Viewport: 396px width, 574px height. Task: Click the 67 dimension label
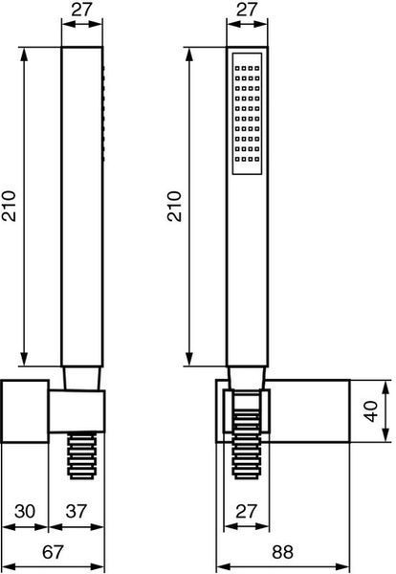pos(53,552)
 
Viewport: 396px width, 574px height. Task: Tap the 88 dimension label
pos(282,552)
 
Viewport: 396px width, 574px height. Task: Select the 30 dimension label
pos(25,512)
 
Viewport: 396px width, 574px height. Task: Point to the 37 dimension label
pos(77,512)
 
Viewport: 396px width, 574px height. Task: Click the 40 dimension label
pos(371,411)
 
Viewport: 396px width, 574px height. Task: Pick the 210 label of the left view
pos(9,206)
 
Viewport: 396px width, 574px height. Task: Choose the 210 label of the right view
pos(174,206)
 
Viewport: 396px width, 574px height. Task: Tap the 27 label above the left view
pos(81,10)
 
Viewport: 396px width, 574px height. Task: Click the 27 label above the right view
pos(247,10)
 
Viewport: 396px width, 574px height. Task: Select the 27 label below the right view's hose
pos(247,512)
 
